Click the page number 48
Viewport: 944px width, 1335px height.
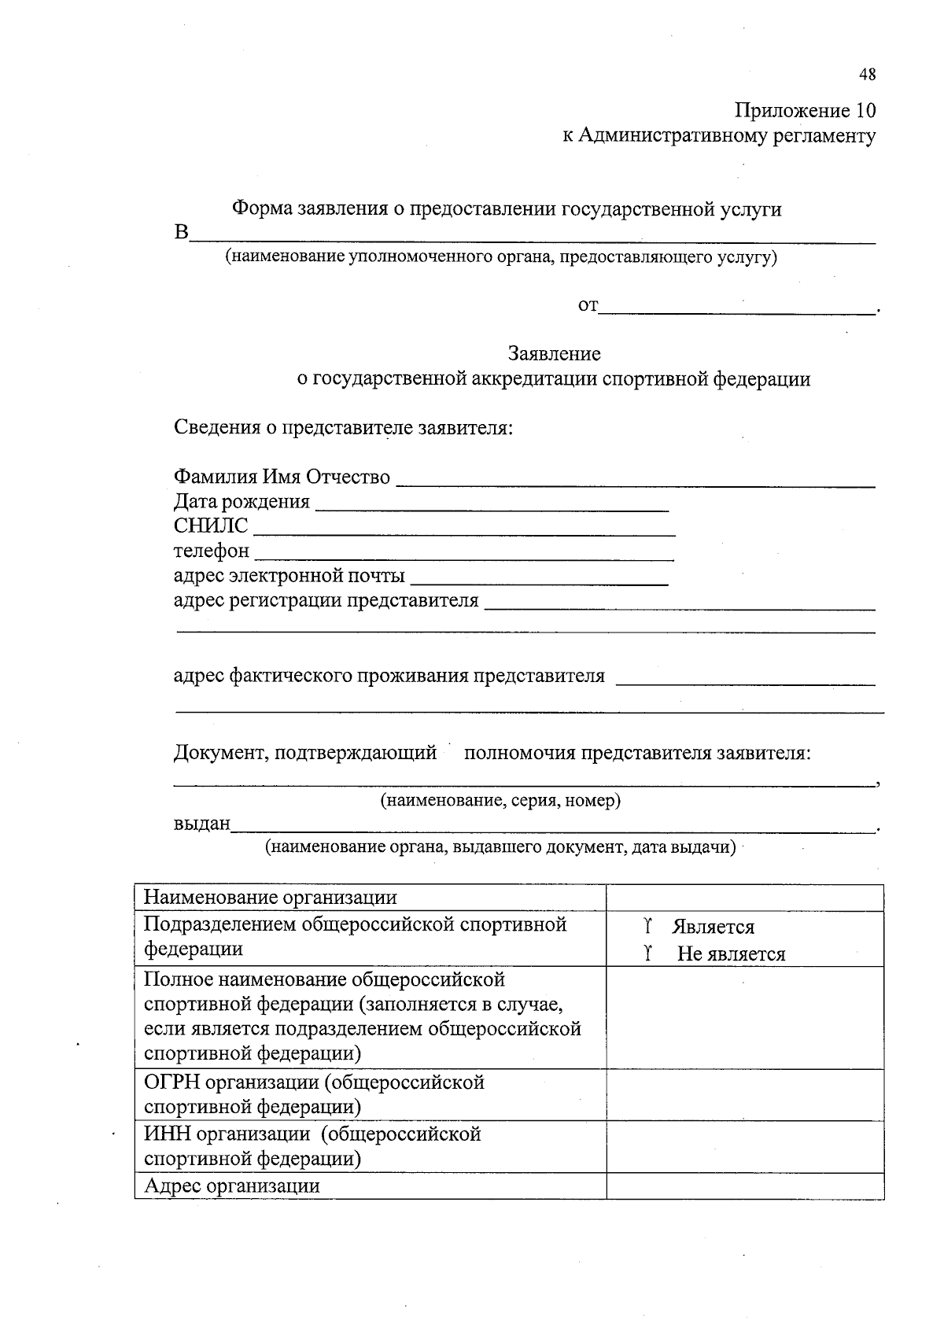866,75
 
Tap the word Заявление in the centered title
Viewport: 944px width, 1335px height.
554,354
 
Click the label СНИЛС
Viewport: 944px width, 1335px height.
210,526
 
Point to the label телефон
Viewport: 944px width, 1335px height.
211,551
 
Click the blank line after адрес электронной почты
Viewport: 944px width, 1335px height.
540,583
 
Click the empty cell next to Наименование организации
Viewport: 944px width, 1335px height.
744,898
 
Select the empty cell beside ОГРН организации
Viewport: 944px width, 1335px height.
744,1094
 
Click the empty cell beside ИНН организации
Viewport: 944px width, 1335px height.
744,1146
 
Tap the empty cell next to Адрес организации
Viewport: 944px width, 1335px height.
744,1186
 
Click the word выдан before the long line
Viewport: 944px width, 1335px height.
201,824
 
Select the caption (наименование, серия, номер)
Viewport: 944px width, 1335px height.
501,801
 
